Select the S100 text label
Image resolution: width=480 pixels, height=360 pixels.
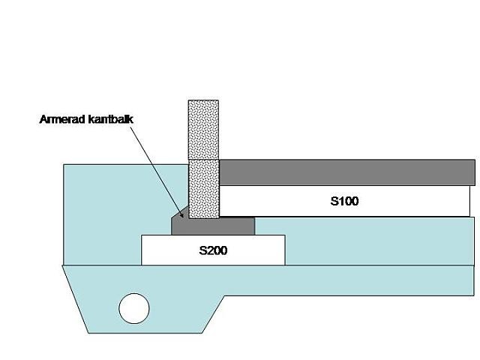tap(346, 202)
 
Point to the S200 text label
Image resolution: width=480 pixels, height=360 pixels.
tap(213, 250)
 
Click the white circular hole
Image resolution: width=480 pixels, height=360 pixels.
tap(134, 307)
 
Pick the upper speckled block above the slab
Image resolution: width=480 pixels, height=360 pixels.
tap(203, 129)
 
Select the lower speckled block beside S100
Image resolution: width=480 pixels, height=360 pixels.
tap(203, 187)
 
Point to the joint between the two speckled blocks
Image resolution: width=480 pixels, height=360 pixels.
tap(203, 159)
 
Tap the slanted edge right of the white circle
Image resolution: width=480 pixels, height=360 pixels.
tap(214, 311)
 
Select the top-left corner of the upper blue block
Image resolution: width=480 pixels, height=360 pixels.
tap(64, 165)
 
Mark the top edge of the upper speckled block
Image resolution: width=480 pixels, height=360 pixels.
tap(203, 100)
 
